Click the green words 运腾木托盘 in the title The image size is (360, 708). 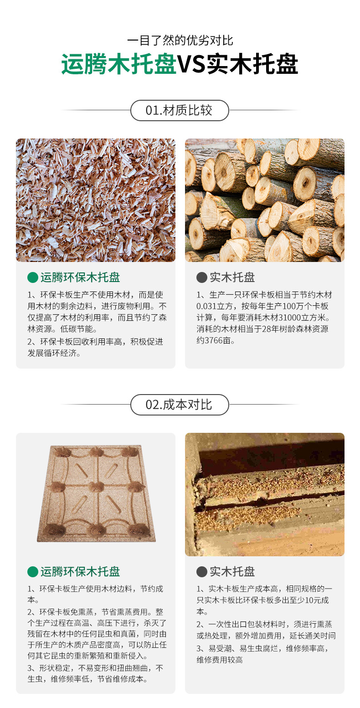click(x=119, y=65)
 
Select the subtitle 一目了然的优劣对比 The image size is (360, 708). click(x=180, y=41)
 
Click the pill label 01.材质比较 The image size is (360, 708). click(x=180, y=110)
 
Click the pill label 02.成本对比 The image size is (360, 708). click(x=180, y=405)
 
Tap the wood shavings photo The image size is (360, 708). click(x=96, y=200)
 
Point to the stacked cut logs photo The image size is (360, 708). click(x=264, y=200)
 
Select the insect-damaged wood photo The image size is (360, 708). click(x=264, y=494)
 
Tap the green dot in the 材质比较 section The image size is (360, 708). click(x=33, y=277)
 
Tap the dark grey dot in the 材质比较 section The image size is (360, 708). click(x=201, y=277)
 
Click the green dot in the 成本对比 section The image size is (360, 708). click(x=33, y=571)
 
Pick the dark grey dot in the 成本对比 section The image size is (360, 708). click(x=201, y=571)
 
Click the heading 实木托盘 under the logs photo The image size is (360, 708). click(x=232, y=277)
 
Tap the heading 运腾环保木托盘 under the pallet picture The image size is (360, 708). click(x=80, y=571)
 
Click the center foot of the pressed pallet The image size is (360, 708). click(x=95, y=487)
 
